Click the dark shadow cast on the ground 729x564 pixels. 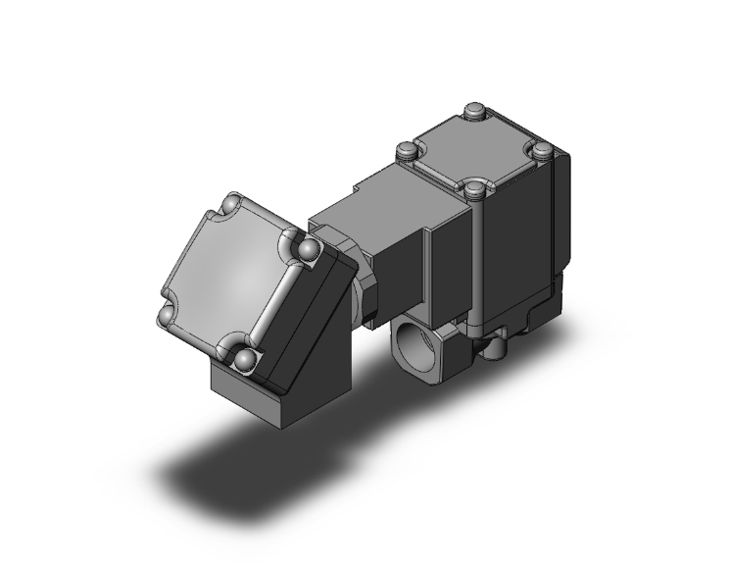click(245, 471)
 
